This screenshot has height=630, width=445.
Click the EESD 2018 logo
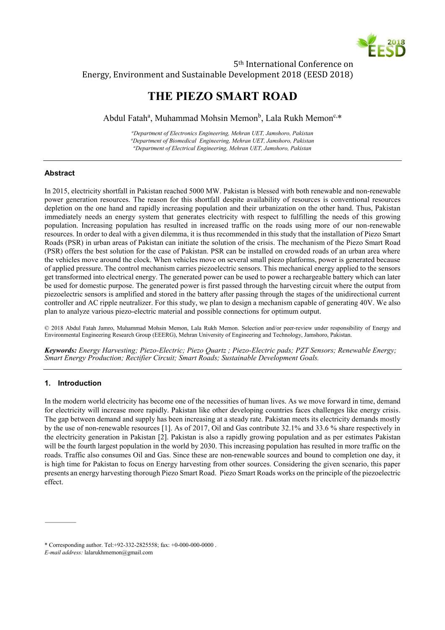(x=381, y=45)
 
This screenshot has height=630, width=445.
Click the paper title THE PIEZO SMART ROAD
(x=222, y=96)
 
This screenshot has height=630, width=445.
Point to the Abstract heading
(x=60, y=173)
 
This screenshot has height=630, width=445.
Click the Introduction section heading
(x=79, y=383)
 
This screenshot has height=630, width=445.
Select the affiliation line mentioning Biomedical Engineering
(x=223, y=141)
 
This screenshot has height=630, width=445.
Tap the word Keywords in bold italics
(x=60, y=350)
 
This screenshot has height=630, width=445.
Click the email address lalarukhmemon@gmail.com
(x=118, y=553)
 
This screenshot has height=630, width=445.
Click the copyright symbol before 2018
(x=47, y=328)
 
